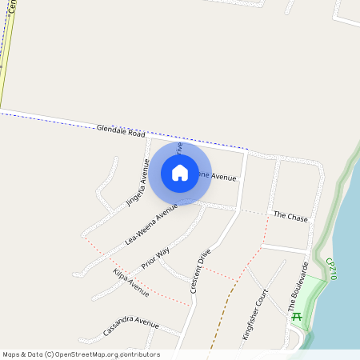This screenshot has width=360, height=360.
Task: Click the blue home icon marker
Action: (180, 173)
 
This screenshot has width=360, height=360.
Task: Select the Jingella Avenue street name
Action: (138, 182)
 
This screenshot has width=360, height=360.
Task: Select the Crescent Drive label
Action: (201, 271)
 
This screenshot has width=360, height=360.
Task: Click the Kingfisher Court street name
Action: (254, 314)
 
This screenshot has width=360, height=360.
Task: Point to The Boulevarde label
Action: (298, 286)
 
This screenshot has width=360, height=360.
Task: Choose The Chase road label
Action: (290, 217)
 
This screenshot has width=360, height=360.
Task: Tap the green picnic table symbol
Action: (297, 317)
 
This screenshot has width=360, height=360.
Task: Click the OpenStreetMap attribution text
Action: (81, 354)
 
